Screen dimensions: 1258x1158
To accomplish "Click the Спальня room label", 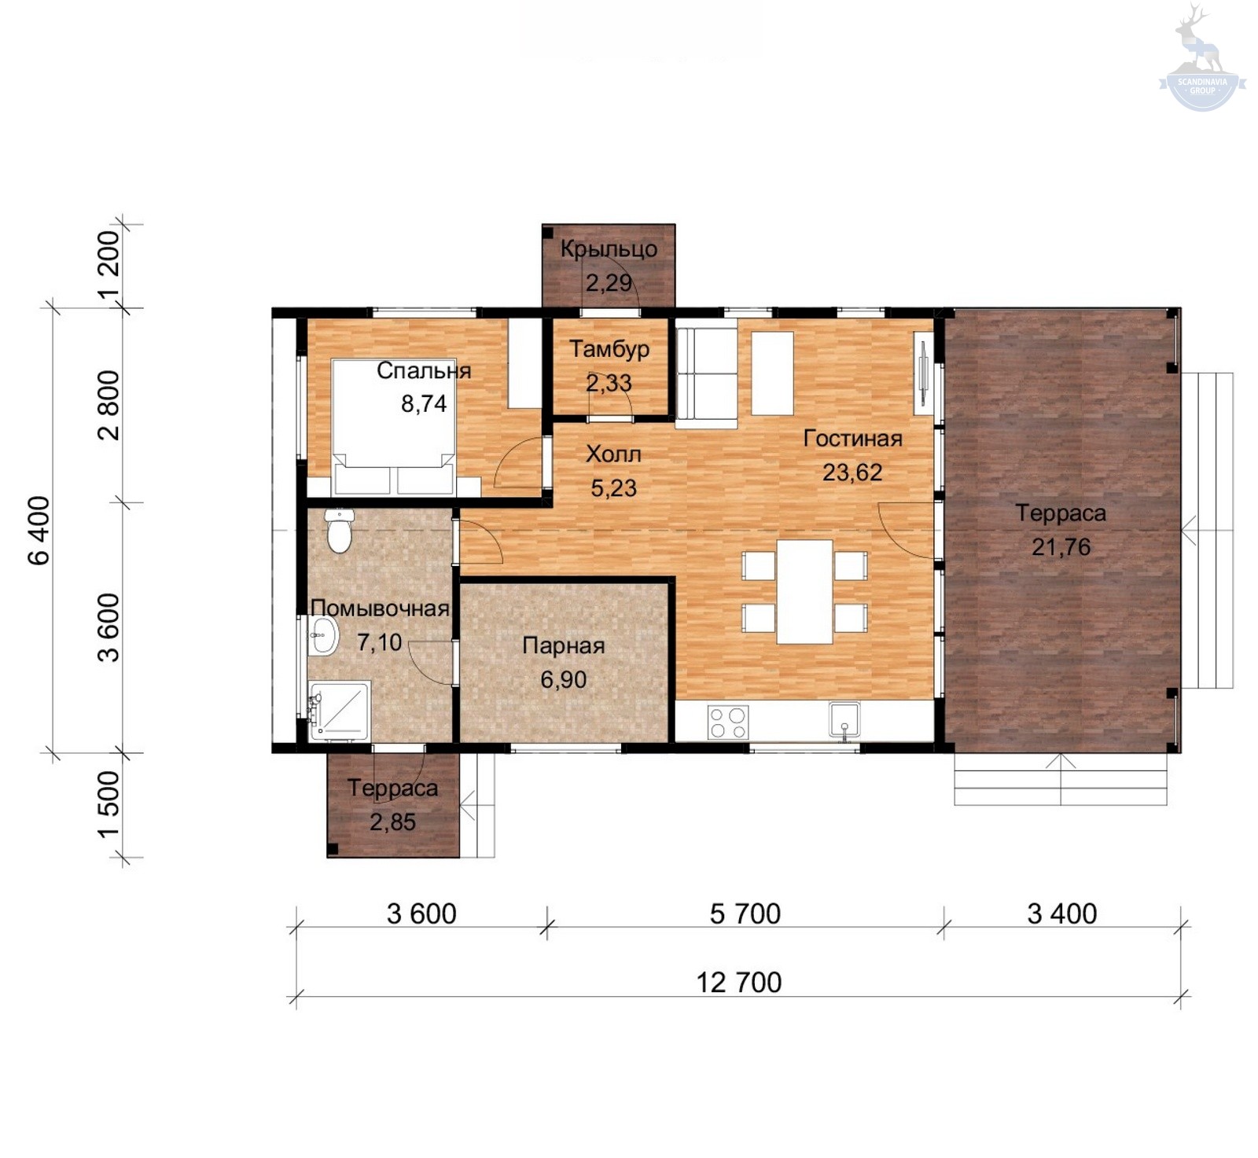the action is (424, 370).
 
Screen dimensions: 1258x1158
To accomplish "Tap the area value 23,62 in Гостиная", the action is (852, 472).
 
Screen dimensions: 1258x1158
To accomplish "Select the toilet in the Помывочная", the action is (339, 531).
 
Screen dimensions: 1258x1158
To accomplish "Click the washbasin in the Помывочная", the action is (322, 634).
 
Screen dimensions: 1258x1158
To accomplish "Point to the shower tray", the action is (339, 711).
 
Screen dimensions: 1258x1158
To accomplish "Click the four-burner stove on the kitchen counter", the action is (728, 722).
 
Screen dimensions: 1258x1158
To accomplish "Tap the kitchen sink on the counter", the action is (844, 720).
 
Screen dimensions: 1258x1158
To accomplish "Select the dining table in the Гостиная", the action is (804, 591).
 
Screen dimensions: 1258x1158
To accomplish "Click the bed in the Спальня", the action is (393, 427).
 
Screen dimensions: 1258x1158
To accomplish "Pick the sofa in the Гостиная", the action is (706, 378).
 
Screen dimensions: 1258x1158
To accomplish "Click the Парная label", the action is (564, 646).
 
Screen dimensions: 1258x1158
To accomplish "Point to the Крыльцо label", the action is (609, 249).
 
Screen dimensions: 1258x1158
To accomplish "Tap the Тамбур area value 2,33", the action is (609, 383).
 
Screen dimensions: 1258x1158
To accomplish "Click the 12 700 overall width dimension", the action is (739, 983).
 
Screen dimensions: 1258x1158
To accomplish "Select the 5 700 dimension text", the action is (745, 914).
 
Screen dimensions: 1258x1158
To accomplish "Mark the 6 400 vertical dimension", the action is (39, 531).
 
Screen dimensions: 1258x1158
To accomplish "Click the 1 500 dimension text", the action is (109, 804).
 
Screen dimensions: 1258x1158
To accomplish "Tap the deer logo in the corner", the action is (1202, 57).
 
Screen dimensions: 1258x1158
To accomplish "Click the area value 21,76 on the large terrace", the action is (1061, 547).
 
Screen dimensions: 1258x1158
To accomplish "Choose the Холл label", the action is (613, 454).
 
